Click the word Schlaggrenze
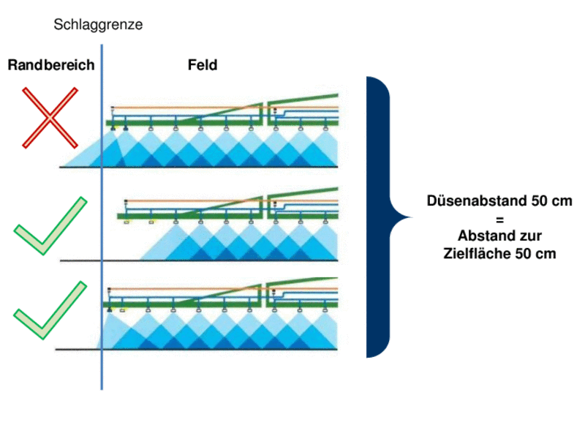[98, 25]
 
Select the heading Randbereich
[51, 65]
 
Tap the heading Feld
[202, 65]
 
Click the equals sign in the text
[499, 219]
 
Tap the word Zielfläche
[475, 253]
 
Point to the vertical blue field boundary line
[102, 219]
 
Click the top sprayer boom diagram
[223, 132]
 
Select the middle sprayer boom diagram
[230, 223]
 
